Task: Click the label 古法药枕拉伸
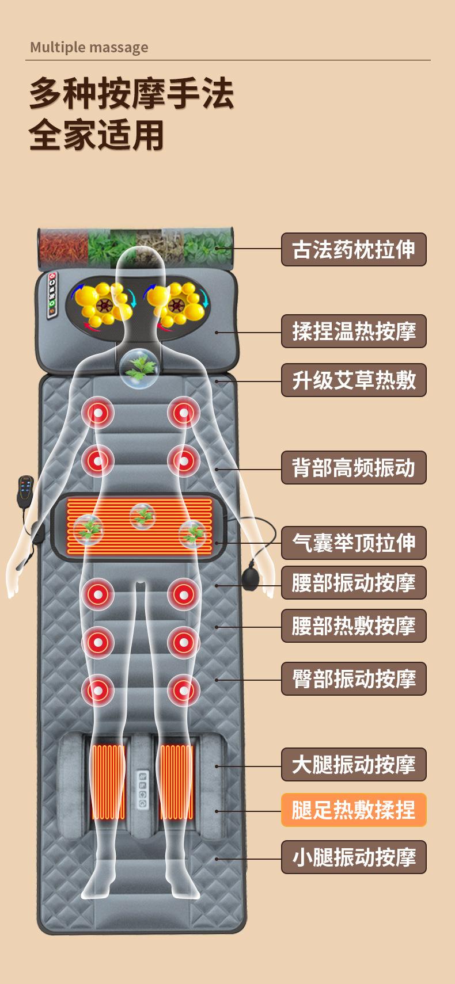point(354,250)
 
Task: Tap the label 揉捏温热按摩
point(354,331)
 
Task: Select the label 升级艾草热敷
point(354,380)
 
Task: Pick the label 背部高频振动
point(354,468)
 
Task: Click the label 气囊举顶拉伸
point(354,543)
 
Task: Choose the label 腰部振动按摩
point(354,583)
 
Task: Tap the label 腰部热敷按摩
point(354,626)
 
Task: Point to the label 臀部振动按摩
point(354,679)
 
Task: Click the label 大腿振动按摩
point(354,765)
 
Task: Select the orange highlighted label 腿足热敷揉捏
point(354,810)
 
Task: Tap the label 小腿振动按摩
point(354,857)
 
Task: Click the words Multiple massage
point(89,47)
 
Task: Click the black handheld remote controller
point(25,493)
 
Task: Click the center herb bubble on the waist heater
point(142,516)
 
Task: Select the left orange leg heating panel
point(108,782)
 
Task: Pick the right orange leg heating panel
point(177,782)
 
